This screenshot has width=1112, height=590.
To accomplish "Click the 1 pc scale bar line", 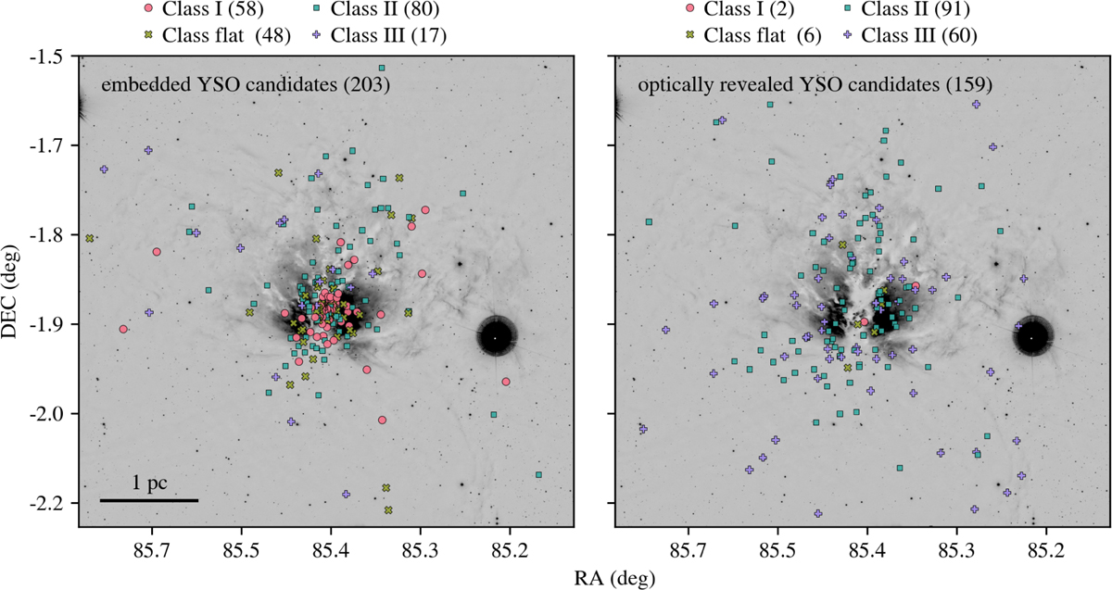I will click(x=149, y=501).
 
